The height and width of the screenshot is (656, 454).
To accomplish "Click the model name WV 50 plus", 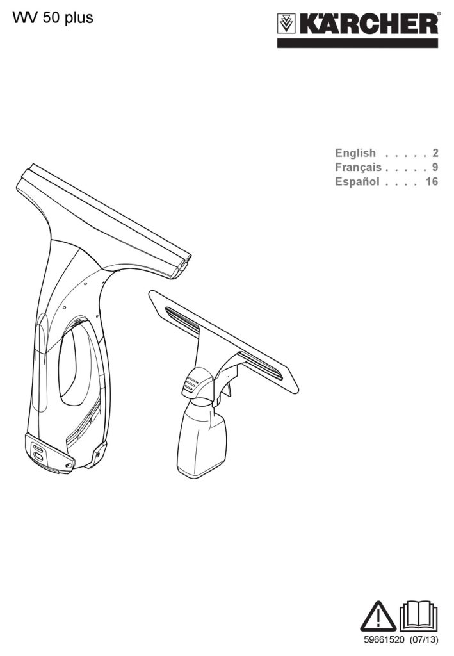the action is tap(53, 17).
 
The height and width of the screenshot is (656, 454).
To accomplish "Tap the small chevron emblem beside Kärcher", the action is tap(287, 24).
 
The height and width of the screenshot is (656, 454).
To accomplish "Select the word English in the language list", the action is tap(355, 153).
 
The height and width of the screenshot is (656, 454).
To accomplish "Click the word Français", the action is tap(358, 167).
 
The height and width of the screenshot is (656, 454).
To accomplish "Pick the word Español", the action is tap(357, 181).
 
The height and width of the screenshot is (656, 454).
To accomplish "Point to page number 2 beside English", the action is tap(435, 153).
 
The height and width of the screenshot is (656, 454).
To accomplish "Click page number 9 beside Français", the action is tap(435, 167).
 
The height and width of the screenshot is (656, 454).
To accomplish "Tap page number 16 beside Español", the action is tap(432, 181).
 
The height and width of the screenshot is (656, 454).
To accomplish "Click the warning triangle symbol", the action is tap(378, 617).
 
